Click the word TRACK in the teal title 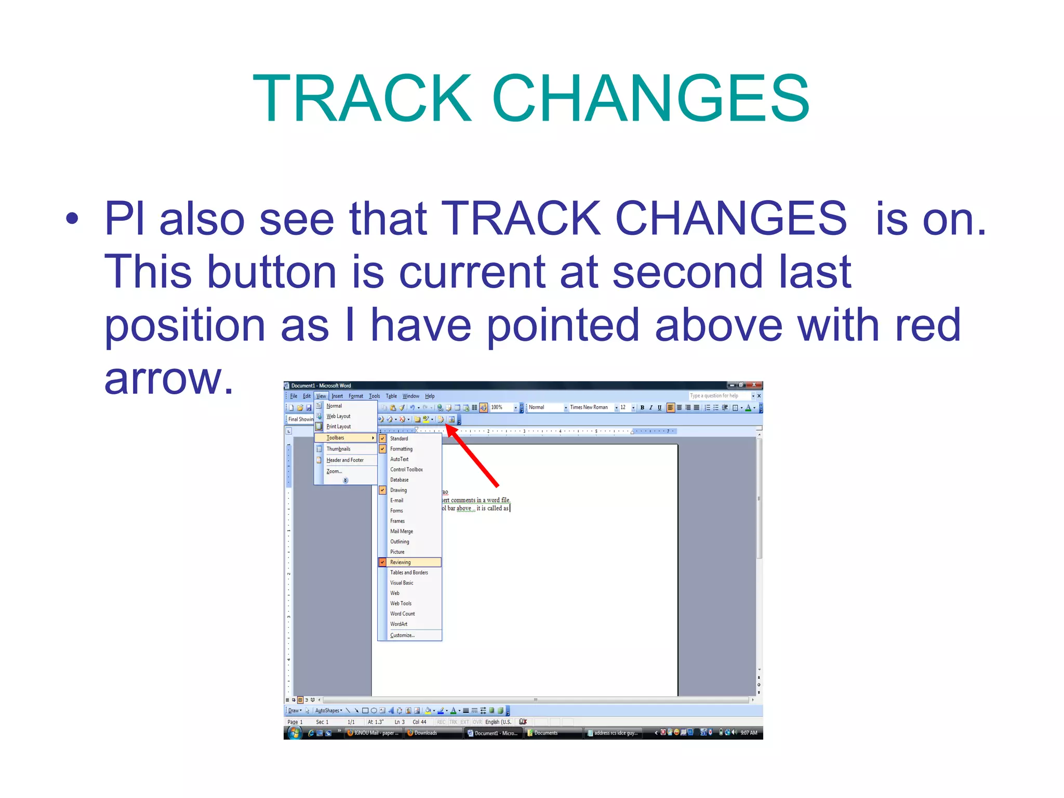362,99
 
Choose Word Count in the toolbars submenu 402,614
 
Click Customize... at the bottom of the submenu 402,635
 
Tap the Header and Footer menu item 344,460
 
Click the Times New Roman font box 590,407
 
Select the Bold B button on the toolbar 642,408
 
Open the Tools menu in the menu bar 374,396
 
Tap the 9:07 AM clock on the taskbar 749,733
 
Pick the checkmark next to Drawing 382,490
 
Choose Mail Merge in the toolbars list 401,531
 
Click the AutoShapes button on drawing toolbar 328,711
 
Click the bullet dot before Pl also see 72,219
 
